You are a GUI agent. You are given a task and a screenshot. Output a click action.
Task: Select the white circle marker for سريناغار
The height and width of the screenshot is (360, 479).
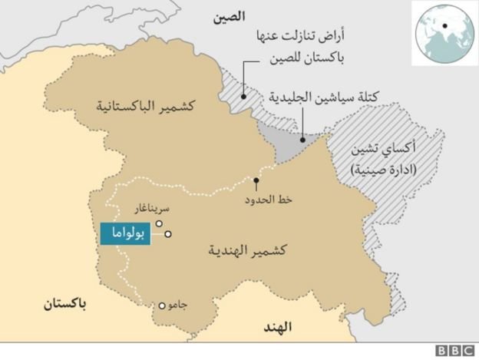click(159, 224)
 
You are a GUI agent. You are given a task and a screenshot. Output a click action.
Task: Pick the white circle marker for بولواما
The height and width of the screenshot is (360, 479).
click(167, 235)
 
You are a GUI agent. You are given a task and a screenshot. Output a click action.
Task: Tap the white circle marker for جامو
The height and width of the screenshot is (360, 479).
click(162, 306)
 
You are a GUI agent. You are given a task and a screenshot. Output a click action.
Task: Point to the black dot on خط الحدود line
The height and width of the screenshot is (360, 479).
click(255, 182)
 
